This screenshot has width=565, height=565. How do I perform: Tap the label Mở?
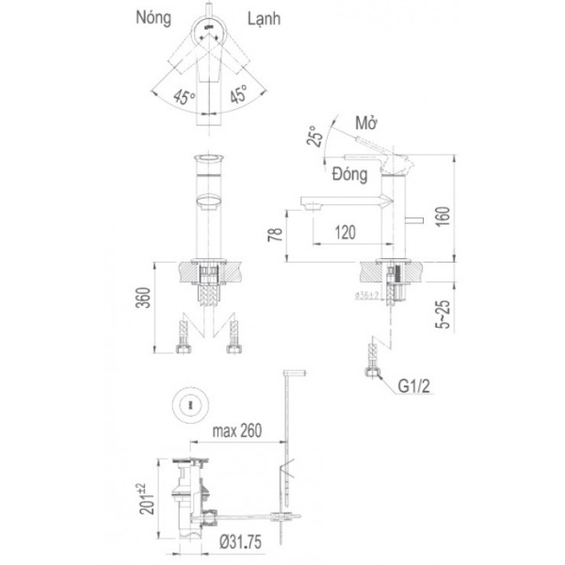[367, 123]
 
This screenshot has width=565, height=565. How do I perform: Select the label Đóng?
[349, 172]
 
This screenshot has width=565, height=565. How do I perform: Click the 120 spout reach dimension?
[347, 229]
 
